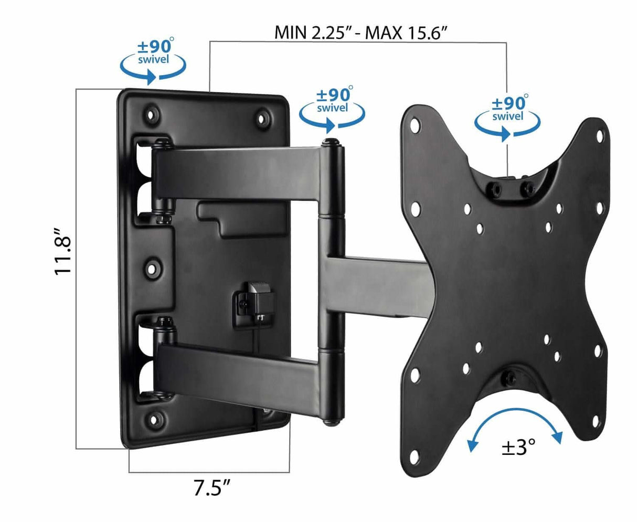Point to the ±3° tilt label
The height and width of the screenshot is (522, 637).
[x=518, y=448]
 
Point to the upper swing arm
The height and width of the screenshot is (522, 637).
[x=236, y=173]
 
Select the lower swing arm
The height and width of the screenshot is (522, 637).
[x=236, y=362]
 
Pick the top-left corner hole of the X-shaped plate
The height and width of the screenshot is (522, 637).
[x=415, y=125]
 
